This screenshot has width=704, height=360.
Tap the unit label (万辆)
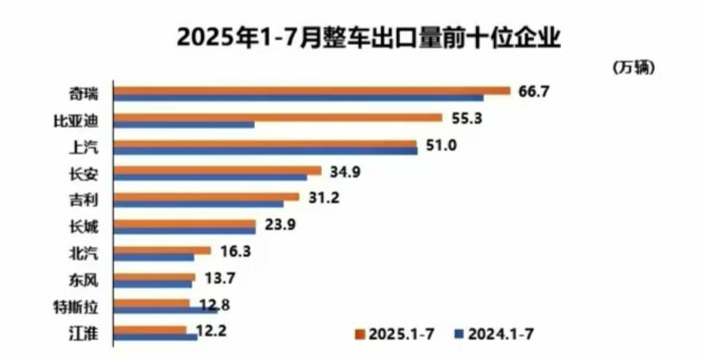click(633, 68)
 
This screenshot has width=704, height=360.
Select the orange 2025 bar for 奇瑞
click(312, 90)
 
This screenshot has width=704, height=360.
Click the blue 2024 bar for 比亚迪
click(184, 125)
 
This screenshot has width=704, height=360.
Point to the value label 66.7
click(533, 91)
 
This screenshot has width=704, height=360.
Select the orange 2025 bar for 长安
click(217, 170)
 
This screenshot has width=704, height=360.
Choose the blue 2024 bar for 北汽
click(154, 257)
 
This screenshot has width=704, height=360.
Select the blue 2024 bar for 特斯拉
click(166, 310)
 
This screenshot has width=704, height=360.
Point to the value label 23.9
click(279, 224)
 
